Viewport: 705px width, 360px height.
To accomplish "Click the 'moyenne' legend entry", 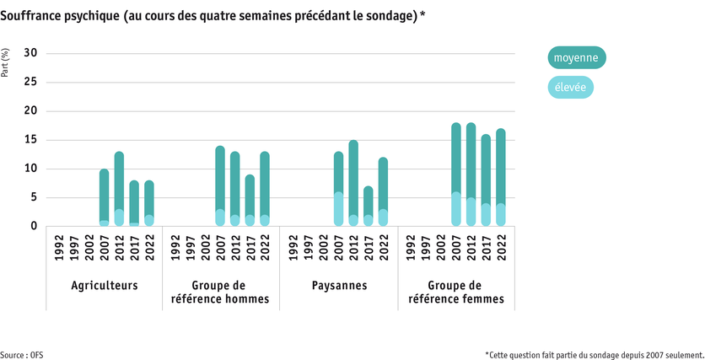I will (x=576, y=58).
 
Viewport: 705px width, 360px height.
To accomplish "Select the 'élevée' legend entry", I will (x=571, y=87).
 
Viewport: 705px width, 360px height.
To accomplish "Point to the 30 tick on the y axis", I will (x=31, y=53).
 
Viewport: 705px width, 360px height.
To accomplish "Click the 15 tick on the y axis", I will (x=31, y=140).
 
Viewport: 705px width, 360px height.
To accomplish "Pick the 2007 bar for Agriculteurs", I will (x=105, y=197).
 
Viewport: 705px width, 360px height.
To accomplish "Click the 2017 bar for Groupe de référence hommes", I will (x=250, y=200).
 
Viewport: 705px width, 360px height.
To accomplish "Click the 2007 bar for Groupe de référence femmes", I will (x=456, y=175).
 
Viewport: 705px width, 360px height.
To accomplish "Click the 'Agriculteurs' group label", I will (x=105, y=286).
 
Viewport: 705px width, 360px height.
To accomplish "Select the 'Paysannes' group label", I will (x=339, y=286).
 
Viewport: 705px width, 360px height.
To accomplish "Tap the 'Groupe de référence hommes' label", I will (x=222, y=292).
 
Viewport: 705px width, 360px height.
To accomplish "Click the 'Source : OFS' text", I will (x=22, y=355).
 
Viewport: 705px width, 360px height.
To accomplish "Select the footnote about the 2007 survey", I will (x=594, y=355).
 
